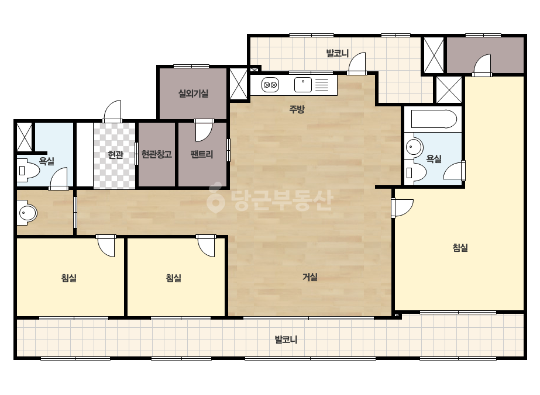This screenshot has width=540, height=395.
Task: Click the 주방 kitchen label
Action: [297, 109]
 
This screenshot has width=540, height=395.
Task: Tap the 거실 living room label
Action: [310, 277]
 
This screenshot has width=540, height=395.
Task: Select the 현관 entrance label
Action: [115, 155]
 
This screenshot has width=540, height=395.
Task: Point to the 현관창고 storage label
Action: [157, 154]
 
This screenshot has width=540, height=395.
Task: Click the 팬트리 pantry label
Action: [202, 154]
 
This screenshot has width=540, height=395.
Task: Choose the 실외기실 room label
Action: [193, 93]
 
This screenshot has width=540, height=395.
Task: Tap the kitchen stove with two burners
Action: [270, 85]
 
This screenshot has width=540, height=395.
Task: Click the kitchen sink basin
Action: [302, 85]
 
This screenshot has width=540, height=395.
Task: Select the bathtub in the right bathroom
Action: [434, 119]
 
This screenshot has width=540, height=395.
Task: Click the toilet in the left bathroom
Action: [27, 170]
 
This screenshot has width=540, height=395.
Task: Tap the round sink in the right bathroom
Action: [414, 147]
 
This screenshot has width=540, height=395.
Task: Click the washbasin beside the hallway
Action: [27, 213]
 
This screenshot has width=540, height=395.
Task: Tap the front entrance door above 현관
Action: [112, 111]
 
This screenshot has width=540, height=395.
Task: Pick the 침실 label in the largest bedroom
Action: [460, 248]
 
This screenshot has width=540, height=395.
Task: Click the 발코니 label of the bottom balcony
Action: [286, 339]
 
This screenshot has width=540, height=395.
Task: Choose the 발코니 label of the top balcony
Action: [338, 53]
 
